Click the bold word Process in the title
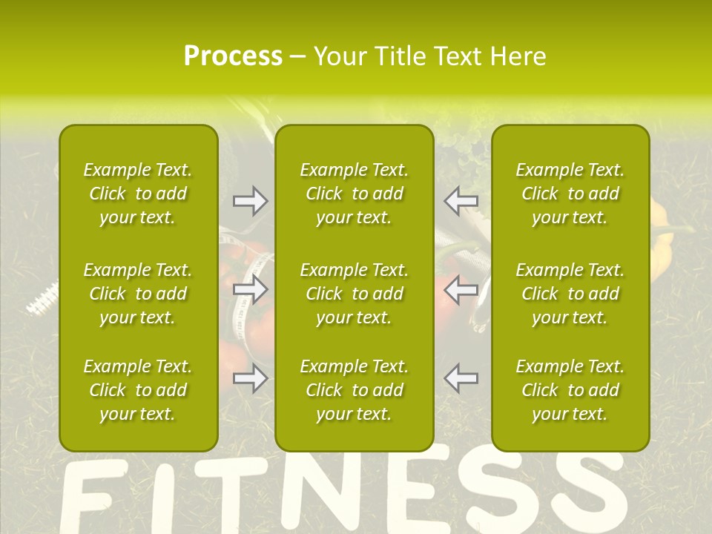pyautogui.click(x=233, y=56)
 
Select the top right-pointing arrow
pyautogui.click(x=250, y=201)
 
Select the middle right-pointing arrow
pyautogui.click(x=250, y=289)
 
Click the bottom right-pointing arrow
pyautogui.click(x=250, y=378)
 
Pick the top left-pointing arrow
pyautogui.click(x=461, y=201)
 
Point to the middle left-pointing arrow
pyautogui.click(x=461, y=289)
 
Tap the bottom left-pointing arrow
pyautogui.click(x=461, y=378)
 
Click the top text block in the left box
pyautogui.click(x=138, y=194)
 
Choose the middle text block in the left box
pyautogui.click(x=138, y=294)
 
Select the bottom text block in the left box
pyautogui.click(x=138, y=390)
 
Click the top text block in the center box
pyautogui.click(x=355, y=194)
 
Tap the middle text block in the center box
pyautogui.click(x=355, y=294)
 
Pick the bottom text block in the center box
pyautogui.click(x=355, y=390)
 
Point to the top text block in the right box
pyautogui.click(x=570, y=194)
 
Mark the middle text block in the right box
pyautogui.click(x=570, y=294)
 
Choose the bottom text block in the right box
pyautogui.click(x=570, y=390)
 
